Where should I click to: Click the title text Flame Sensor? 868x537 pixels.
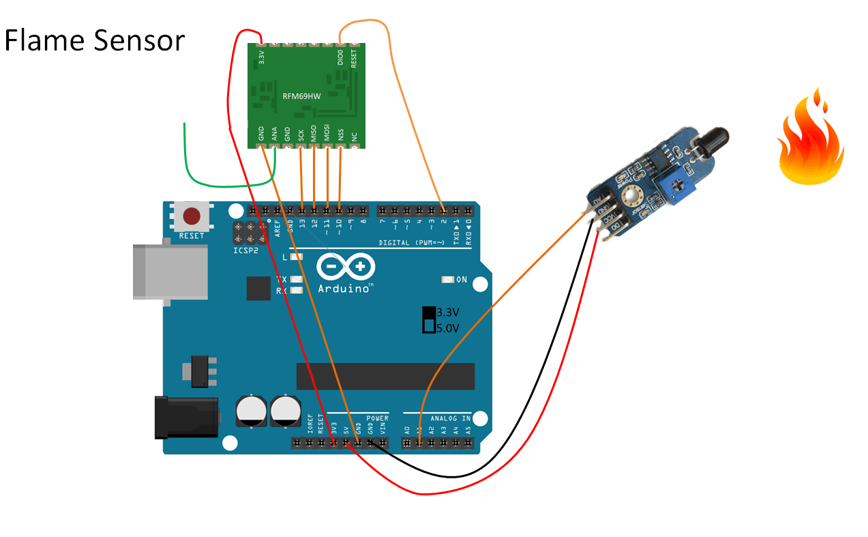[x=94, y=41]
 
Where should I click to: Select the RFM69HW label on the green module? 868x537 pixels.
[x=301, y=96]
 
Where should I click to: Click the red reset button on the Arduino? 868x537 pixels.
[x=192, y=216]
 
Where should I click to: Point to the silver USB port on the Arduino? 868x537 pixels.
[x=170, y=272]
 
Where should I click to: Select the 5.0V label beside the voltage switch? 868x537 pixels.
[x=448, y=328]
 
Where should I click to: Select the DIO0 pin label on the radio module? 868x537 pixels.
[x=340, y=57]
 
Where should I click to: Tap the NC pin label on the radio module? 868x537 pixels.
[x=354, y=137]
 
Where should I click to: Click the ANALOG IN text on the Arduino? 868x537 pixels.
[x=450, y=418]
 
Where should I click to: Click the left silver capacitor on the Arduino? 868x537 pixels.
[x=251, y=411]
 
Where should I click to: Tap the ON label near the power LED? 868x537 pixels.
[x=462, y=280]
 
